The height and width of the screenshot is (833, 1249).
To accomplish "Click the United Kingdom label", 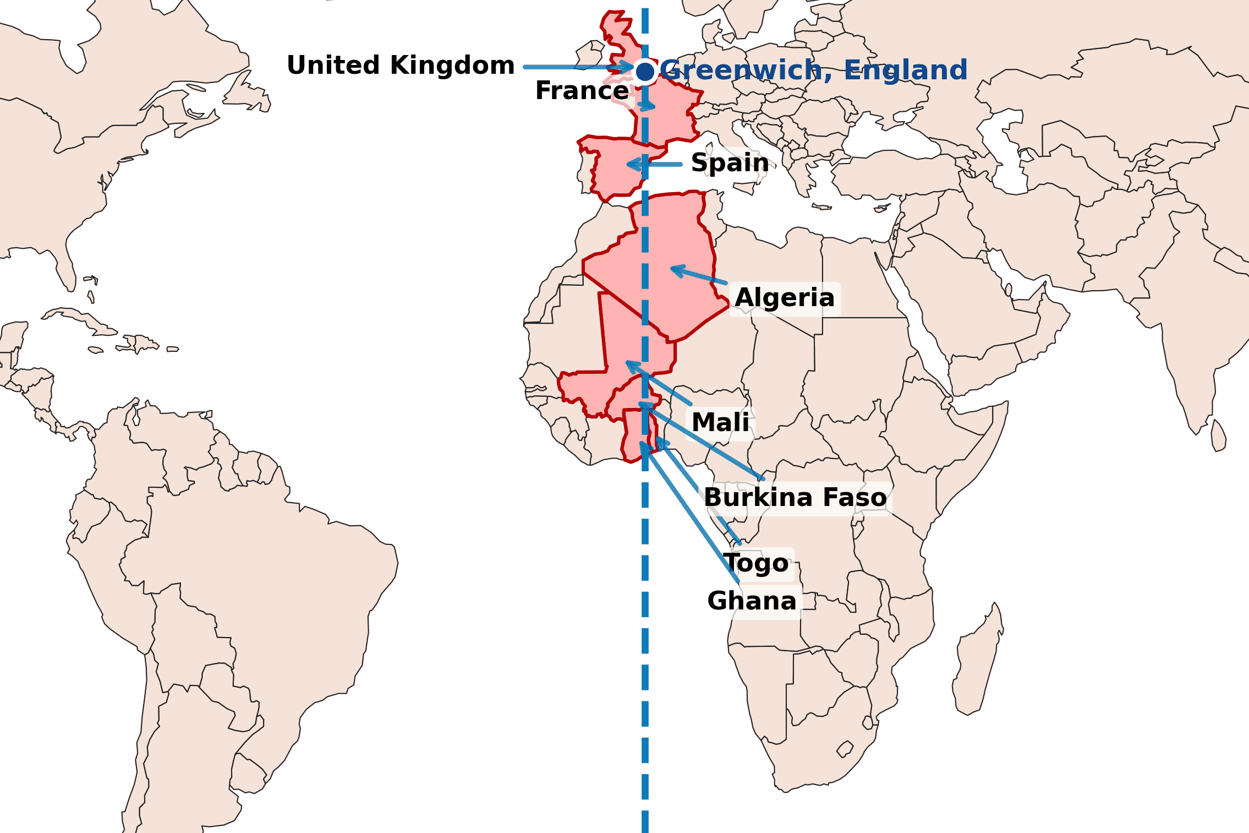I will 401,66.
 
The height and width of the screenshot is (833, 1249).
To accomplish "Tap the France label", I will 582,91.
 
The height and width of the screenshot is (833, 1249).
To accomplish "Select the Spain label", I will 730,163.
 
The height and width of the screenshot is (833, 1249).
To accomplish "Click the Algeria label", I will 785,298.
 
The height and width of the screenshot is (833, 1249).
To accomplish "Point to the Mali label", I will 720,423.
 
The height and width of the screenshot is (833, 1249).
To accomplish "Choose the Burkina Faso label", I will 795,498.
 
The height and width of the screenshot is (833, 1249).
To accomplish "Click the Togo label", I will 757,563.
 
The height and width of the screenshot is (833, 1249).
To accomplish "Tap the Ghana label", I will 752,601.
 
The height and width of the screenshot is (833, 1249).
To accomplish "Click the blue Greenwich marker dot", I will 645,72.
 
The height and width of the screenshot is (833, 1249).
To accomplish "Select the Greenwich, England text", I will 813,70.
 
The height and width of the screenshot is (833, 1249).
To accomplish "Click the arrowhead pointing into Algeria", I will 673,269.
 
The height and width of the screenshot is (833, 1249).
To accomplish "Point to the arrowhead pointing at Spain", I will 630,164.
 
